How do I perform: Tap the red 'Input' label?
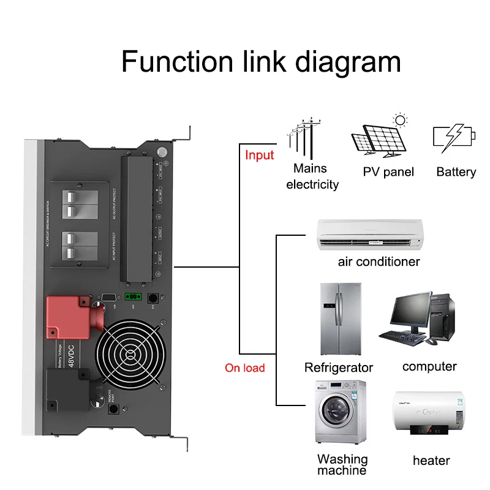coord(259,155)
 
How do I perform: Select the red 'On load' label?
coord(245,367)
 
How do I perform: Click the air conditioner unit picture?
coord(371,235)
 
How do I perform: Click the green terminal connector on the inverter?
coord(132,296)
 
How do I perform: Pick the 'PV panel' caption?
coord(388,172)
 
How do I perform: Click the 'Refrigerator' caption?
coord(338,367)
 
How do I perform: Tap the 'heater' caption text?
coord(431,460)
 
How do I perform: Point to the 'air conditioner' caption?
coord(379,262)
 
